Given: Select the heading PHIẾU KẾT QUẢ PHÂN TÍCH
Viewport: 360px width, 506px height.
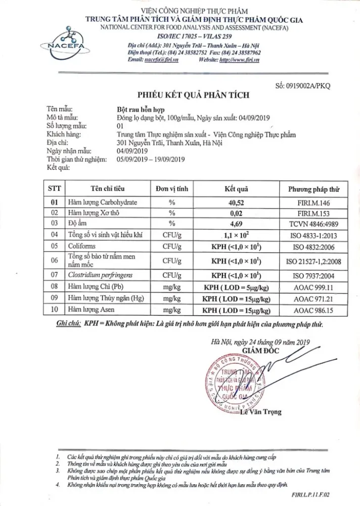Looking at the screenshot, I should click(194, 95).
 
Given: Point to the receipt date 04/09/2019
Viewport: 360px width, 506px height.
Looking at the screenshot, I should click(132, 151).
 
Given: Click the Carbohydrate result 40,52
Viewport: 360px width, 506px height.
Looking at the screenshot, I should click(236, 202).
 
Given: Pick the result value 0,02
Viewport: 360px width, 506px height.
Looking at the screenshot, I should click(236, 213).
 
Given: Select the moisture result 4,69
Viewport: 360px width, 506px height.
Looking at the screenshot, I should click(236, 224).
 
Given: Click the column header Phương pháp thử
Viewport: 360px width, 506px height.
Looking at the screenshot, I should click(313, 190).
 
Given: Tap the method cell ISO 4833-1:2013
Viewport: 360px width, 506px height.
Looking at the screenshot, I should click(313, 235).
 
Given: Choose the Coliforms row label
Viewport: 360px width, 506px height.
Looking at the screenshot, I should click(84, 246).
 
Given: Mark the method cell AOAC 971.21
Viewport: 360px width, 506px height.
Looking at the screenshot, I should click(313, 299).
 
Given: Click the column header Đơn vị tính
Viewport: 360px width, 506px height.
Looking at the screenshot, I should click(172, 190).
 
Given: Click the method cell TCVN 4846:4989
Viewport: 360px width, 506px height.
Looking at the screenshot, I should click(313, 224).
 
